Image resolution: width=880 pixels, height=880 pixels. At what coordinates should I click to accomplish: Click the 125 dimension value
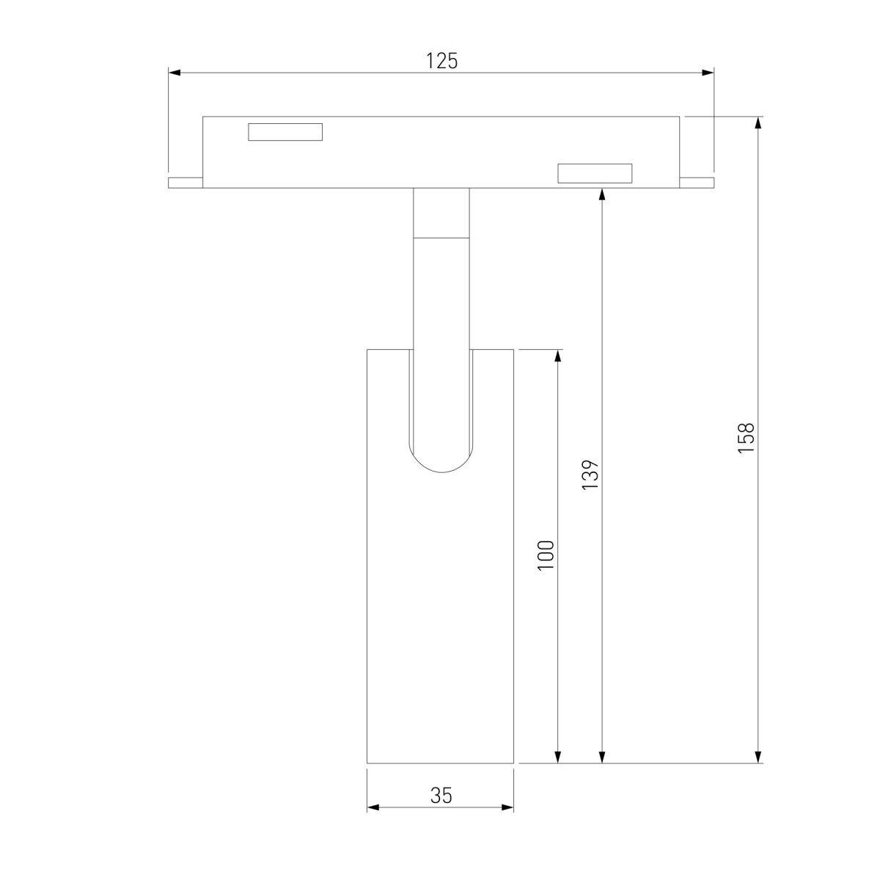click(441, 61)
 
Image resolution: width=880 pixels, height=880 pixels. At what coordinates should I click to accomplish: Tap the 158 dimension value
click(746, 438)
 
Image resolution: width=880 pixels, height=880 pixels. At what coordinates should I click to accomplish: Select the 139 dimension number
click(590, 475)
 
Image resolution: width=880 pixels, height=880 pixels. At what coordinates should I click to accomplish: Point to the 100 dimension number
click(546, 555)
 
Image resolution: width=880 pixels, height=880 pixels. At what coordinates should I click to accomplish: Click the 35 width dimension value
click(441, 796)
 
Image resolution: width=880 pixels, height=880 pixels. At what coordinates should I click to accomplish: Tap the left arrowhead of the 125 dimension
click(175, 73)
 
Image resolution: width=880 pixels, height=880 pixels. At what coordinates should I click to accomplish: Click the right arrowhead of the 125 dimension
click(708, 73)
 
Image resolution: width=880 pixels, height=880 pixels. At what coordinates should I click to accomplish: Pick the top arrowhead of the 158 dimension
click(758, 123)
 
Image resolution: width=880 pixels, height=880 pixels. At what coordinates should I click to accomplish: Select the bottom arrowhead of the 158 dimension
click(758, 757)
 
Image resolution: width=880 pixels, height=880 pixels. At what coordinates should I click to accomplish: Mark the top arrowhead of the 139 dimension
click(602, 194)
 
